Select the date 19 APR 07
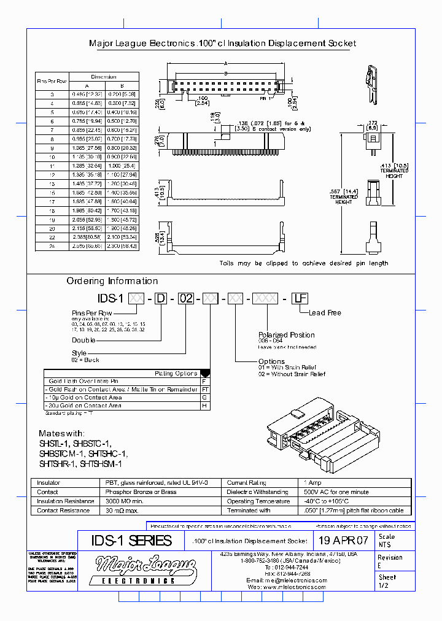pos(343,541)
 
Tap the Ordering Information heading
pos(112,281)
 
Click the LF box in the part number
pos(299,299)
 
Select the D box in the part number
pos(160,299)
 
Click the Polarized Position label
pos(286,335)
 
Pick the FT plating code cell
pos(205,389)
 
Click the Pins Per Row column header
pos(52,81)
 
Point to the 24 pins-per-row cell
pos(52,245)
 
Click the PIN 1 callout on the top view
pos(265,98)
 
